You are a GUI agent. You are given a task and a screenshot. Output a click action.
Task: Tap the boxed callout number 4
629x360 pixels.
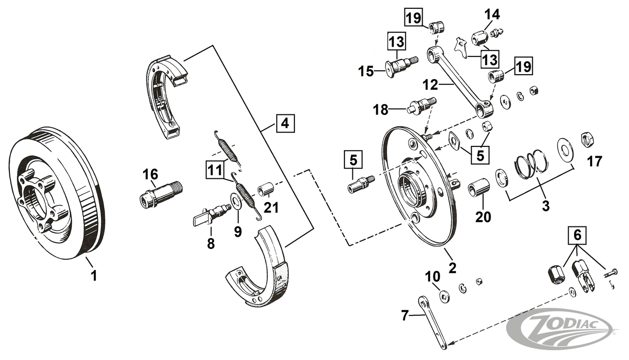click(x=285, y=123)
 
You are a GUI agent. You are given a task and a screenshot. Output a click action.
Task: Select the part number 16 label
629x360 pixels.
click(x=150, y=174)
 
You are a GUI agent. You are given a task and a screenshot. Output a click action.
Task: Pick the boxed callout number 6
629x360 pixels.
click(x=577, y=236)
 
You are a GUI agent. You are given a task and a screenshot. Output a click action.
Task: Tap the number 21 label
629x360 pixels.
click(x=271, y=207)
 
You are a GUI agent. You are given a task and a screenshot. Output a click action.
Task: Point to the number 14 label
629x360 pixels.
click(x=492, y=15)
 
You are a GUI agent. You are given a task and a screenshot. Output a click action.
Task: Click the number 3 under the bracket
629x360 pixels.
click(x=532, y=206)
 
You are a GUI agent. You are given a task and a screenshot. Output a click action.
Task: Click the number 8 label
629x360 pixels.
click(x=211, y=243)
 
